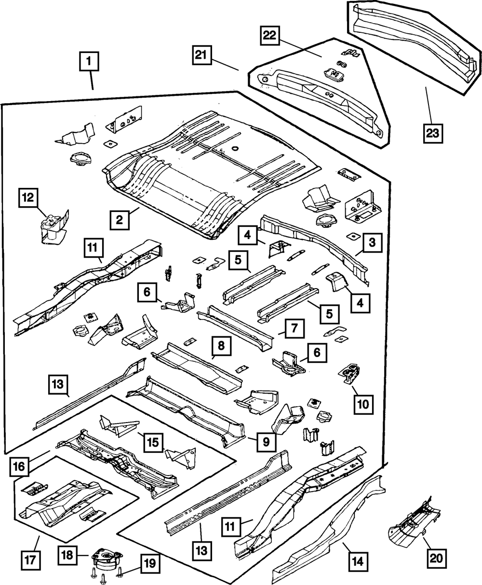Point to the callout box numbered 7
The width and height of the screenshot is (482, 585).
coord(294,330)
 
